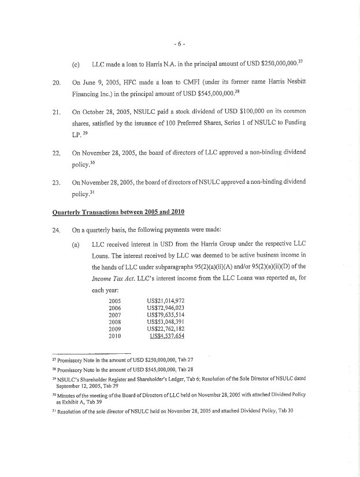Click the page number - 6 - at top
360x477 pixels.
pyautogui.click(x=180, y=44)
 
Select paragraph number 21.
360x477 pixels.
pyautogui.click(x=57, y=110)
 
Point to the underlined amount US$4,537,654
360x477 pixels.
pyautogui.click(x=168, y=336)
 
